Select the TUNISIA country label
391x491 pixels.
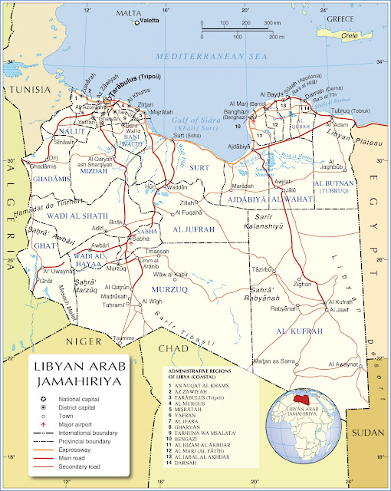27,90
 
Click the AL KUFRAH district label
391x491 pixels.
301,331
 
